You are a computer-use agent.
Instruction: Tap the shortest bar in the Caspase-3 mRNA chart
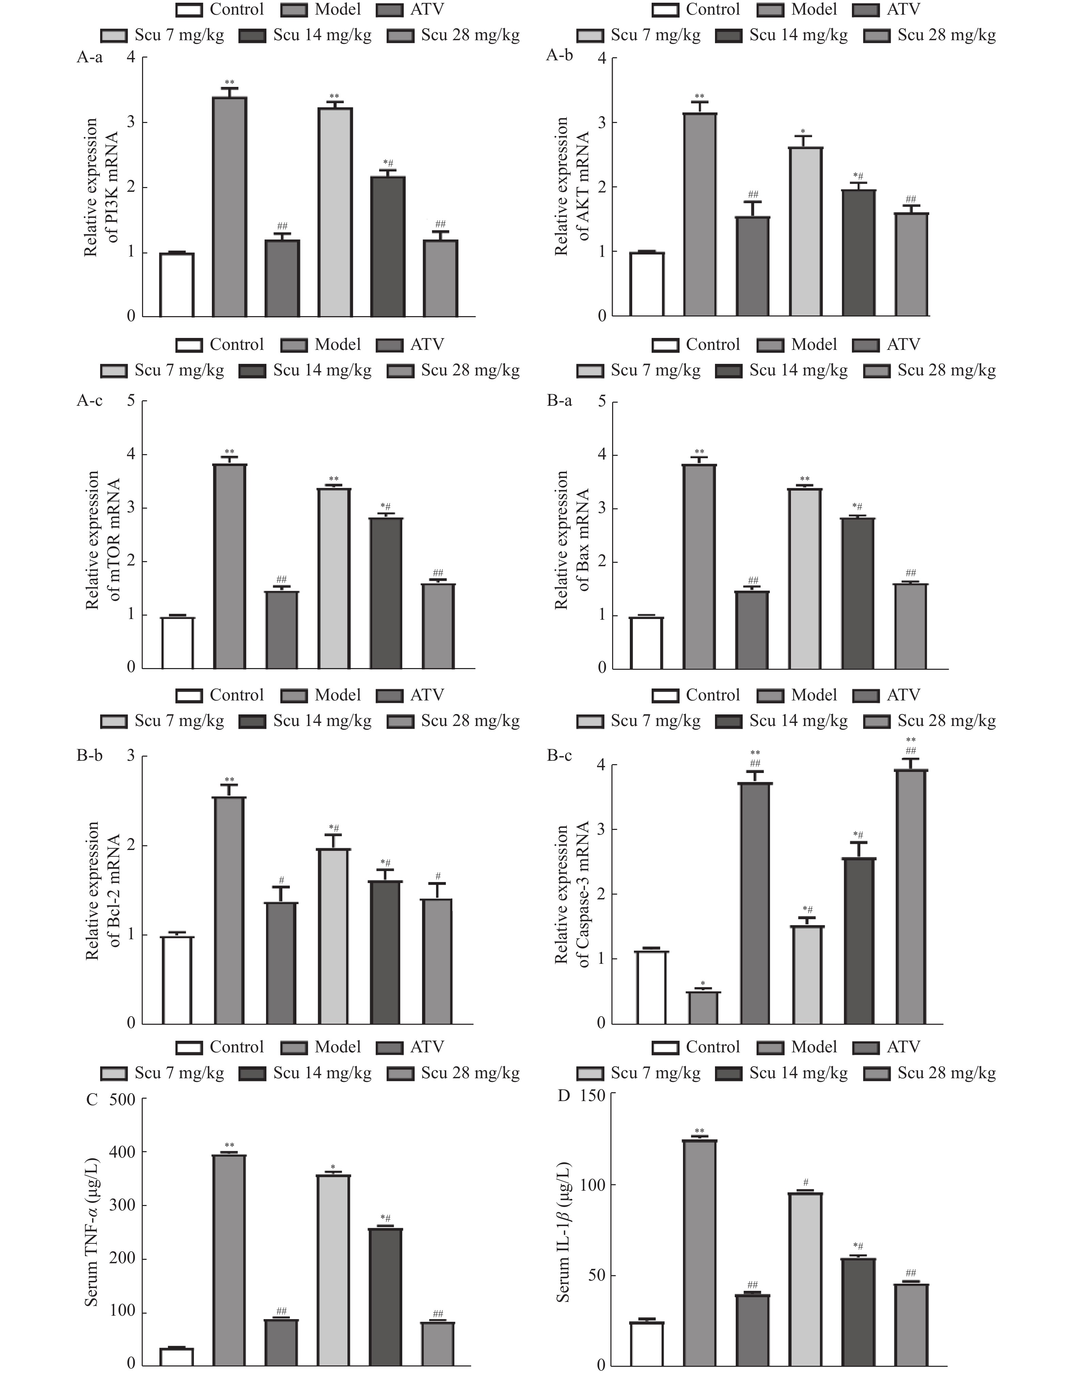[x=702, y=1007]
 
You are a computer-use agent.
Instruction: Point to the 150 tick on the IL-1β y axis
[x=592, y=1096]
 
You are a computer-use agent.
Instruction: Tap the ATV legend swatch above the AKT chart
[x=866, y=10]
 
